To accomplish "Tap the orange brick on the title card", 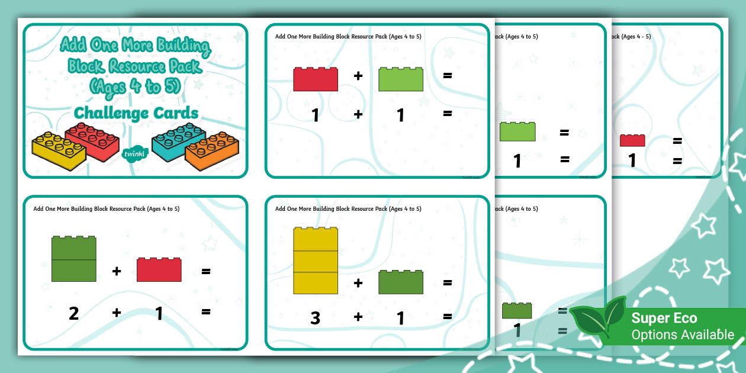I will [212, 152].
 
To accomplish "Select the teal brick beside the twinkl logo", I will [175, 141].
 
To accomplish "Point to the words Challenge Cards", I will [136, 112].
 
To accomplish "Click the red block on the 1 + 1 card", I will [316, 79].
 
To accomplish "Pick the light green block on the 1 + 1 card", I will [401, 79].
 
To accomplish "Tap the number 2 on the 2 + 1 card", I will [73, 313].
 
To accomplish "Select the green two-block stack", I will [74, 259].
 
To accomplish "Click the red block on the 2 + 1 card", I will [159, 270].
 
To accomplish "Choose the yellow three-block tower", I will [316, 261].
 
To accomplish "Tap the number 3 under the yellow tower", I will [316, 318].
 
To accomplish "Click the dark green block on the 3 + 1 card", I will [401, 282].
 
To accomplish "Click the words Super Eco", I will [664, 319].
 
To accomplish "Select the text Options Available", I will [682, 335].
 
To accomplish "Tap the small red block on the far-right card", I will [632, 140].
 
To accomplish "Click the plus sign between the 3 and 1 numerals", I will [358, 317].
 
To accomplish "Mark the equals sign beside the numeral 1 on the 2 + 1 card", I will [206, 313].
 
